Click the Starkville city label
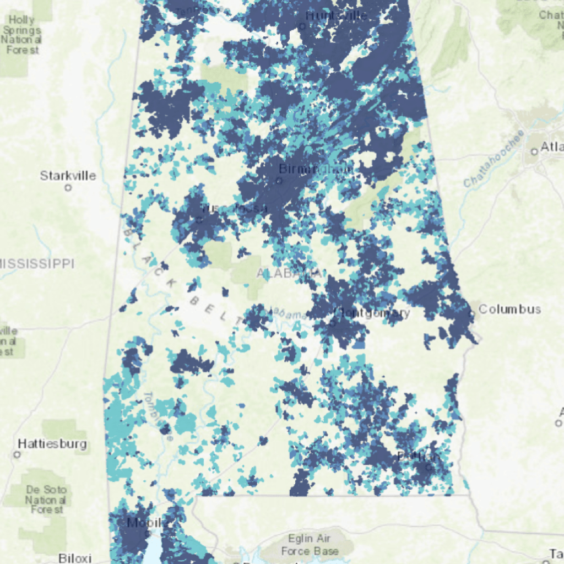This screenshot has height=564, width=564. (x=68, y=176)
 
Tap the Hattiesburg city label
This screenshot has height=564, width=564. (x=52, y=443)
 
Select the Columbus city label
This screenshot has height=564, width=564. (x=509, y=309)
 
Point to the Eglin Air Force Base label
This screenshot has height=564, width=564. (x=310, y=545)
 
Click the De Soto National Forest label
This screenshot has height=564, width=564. (x=46, y=500)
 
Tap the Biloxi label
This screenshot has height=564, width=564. (x=74, y=557)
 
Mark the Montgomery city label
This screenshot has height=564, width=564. (x=372, y=313)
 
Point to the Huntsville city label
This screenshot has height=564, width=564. (x=336, y=16)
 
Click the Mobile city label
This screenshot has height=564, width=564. (x=139, y=522)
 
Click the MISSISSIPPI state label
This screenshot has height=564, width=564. (x=36, y=264)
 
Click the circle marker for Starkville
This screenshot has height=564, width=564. (x=68, y=188)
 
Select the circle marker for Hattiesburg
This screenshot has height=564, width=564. (x=17, y=455)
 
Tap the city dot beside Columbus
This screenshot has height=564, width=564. (x=472, y=314)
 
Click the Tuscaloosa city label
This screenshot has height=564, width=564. (x=234, y=208)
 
